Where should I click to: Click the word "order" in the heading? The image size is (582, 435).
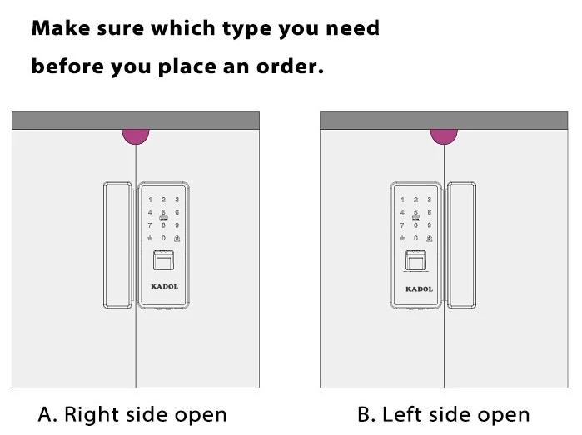tap(290, 66)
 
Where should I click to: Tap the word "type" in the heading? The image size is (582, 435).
tap(246, 29)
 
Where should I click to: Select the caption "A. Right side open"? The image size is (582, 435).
tap(132, 414)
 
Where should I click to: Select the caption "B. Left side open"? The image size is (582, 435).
tap(444, 414)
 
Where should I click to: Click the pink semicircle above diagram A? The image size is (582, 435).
tap(136, 136)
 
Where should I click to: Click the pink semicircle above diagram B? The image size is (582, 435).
tap(444, 136)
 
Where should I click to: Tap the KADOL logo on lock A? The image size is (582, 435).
tap(164, 287)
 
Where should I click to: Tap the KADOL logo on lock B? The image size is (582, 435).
tap(419, 289)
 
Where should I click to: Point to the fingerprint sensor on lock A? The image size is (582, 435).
tap(164, 260)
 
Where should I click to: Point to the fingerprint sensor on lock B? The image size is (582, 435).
tap(415, 260)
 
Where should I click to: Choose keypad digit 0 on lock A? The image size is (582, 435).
tap(163, 238)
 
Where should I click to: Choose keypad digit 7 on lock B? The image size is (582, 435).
tap(402, 225)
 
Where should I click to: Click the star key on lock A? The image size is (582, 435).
tap(150, 238)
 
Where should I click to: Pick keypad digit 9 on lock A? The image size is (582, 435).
tap(177, 225)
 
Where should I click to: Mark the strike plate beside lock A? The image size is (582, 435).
tap(117, 245)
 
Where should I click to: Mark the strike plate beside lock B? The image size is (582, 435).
tap(461, 245)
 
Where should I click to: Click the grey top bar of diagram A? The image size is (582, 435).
tap(136, 121)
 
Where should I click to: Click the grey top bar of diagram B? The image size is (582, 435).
tap(444, 121)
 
